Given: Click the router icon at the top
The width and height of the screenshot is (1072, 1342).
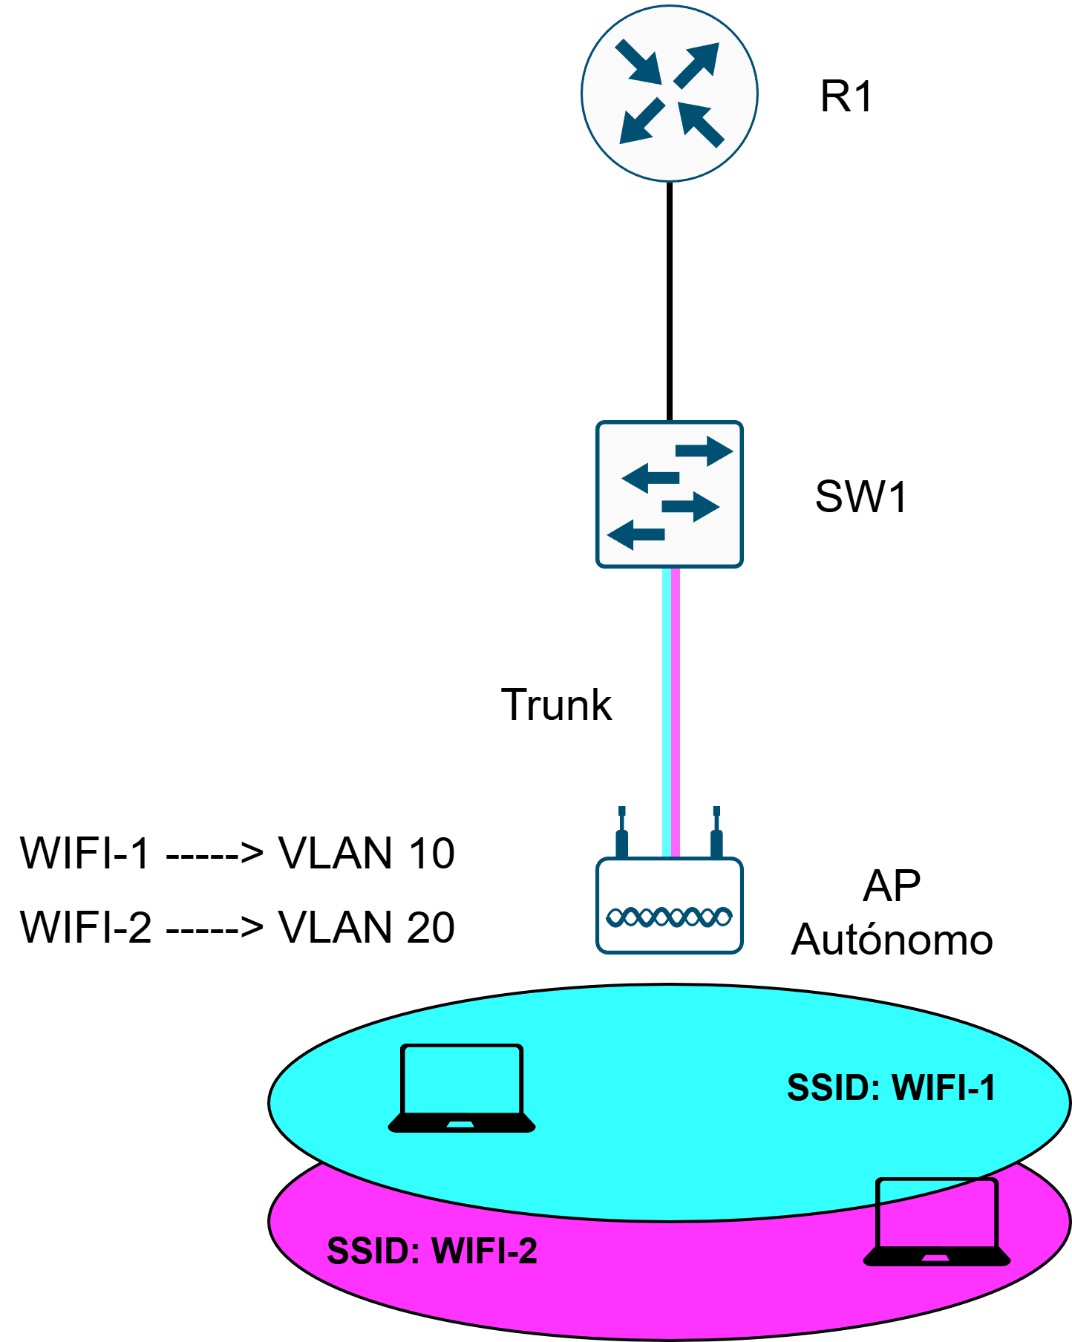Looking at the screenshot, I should click(x=669, y=93).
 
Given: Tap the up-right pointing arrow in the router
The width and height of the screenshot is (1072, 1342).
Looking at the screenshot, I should click(x=697, y=65).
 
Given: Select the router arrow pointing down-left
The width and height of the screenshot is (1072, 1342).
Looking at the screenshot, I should click(x=641, y=121).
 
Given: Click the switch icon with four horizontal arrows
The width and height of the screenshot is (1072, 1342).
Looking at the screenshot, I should click(x=669, y=494).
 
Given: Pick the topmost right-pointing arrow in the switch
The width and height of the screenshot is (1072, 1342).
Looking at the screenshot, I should click(x=704, y=451).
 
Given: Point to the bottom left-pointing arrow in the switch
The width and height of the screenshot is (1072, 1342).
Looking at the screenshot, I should click(x=635, y=534).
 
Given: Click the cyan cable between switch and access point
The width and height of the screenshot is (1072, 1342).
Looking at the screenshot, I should click(x=666, y=713).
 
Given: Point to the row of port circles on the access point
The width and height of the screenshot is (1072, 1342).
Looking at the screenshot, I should click(x=669, y=917).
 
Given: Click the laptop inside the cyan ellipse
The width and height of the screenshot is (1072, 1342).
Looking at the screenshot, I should click(x=462, y=1088).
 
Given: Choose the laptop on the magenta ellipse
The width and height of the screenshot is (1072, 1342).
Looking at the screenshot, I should click(x=937, y=1222).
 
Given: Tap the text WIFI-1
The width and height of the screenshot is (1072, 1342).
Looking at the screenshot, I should click(x=943, y=1088).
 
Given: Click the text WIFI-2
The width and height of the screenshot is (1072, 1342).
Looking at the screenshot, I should click(x=484, y=1251).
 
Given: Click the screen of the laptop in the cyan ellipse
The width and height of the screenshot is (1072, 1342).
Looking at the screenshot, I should click(x=462, y=1078).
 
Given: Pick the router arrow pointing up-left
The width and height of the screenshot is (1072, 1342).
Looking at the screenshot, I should click(x=701, y=124).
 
